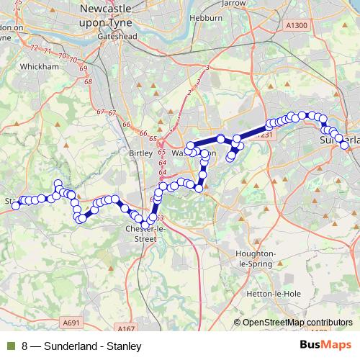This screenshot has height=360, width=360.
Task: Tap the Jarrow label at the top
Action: (253, 3)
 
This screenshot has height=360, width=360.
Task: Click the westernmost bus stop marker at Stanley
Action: (16, 206)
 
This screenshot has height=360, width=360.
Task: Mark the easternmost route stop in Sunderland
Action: (345, 145)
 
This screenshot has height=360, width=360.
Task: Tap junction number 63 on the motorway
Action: (159, 217)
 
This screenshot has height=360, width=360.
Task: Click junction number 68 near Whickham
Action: (89, 82)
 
